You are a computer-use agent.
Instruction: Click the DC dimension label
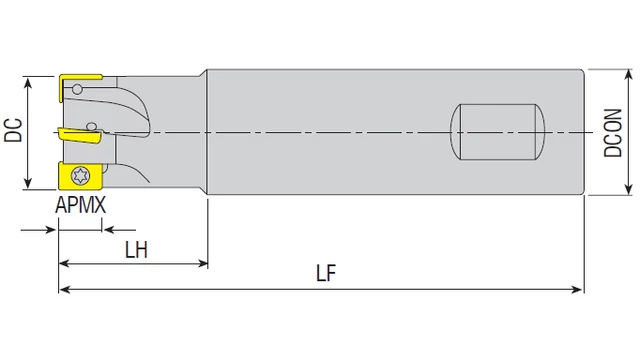click(13, 130)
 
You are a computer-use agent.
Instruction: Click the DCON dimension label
click(613, 133)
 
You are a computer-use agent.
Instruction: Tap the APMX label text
click(80, 205)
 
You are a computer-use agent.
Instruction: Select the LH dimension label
click(136, 249)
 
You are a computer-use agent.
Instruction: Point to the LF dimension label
click(326, 273)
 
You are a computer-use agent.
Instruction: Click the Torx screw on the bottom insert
click(80, 176)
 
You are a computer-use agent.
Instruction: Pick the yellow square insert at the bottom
click(80, 176)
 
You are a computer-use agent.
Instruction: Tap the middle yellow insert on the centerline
click(80, 136)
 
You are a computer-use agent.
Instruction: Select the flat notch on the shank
click(497, 132)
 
